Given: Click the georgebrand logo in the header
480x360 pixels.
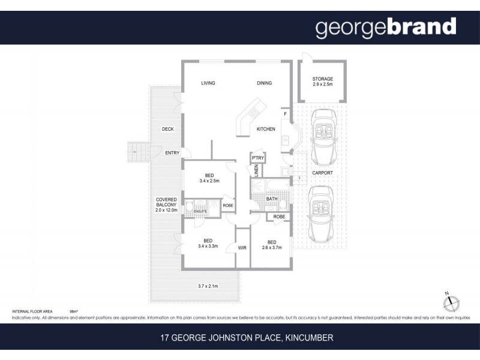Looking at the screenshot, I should click(386, 27).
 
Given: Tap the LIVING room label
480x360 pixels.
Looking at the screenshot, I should click(208, 83).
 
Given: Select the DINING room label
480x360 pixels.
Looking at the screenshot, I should click(264, 83).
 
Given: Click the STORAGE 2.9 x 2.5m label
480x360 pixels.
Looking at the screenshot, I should click(322, 82).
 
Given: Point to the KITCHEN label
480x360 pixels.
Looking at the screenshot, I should click(266, 129).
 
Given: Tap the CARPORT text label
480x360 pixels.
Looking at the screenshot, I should click(322, 173).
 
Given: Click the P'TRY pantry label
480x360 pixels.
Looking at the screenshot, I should click(258, 158).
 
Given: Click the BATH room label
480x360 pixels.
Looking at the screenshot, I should click(272, 199).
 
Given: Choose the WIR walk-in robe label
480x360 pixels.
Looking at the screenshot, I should click(242, 247).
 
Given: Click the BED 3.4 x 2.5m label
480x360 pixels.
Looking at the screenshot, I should click(209, 178).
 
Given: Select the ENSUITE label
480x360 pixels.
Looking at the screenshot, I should click(200, 211).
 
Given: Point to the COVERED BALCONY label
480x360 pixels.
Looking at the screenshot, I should click(166, 205).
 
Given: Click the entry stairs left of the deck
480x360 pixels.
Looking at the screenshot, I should click(138, 152).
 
